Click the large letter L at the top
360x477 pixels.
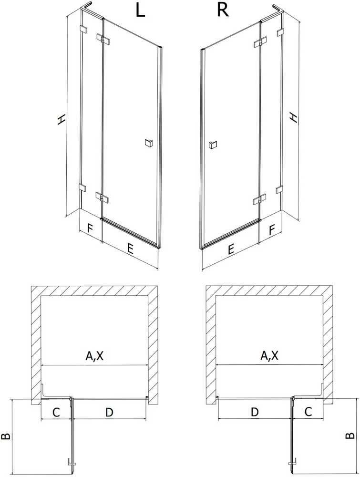click(x=140, y=10)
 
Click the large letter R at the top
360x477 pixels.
click(x=222, y=10)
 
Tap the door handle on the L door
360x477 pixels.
click(x=149, y=143)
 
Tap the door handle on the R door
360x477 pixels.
click(x=212, y=145)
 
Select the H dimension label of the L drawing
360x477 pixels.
click(x=61, y=119)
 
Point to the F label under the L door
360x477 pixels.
click(x=89, y=228)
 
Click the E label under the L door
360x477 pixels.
click(x=130, y=249)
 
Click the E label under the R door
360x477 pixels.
click(x=231, y=249)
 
